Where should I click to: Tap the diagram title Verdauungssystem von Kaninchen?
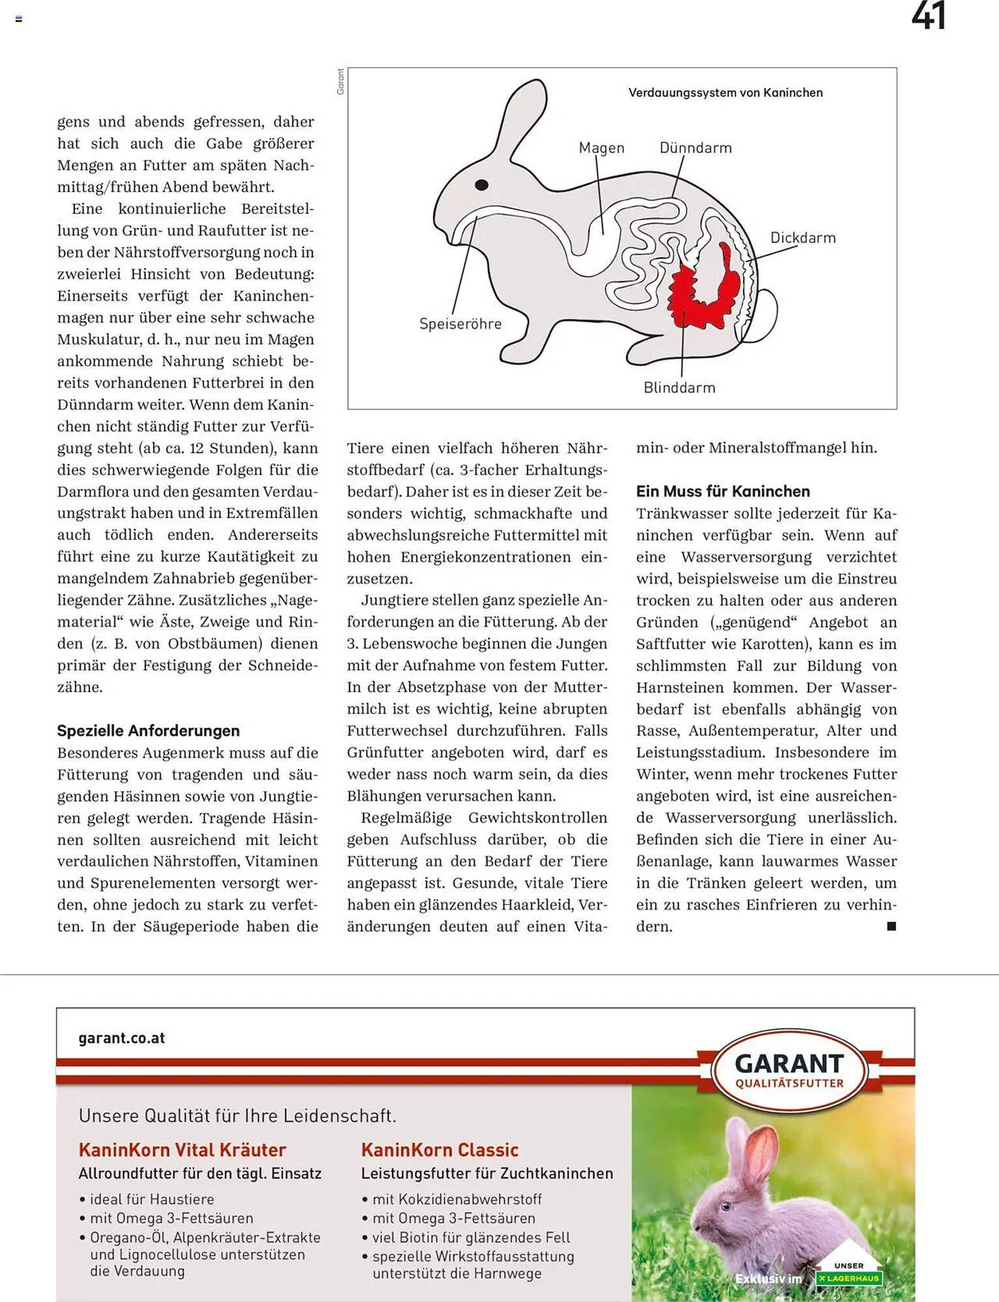pyautogui.click(x=725, y=92)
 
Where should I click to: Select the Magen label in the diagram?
pyautogui.click(x=601, y=148)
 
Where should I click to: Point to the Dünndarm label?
pyautogui.click(x=695, y=148)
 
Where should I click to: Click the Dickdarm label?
pyautogui.click(x=802, y=238)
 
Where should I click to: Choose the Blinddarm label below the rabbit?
pyautogui.click(x=679, y=387)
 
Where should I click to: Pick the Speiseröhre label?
pyautogui.click(x=460, y=324)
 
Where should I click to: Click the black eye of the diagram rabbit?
pyautogui.click(x=481, y=185)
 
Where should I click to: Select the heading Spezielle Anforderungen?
pyautogui.click(x=148, y=730)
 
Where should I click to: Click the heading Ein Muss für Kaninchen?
pyautogui.click(x=722, y=492)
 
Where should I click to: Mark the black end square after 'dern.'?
pyautogui.click(x=892, y=926)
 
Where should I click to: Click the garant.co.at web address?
pyautogui.click(x=121, y=1038)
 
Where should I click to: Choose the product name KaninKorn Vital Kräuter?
pyautogui.click(x=182, y=1150)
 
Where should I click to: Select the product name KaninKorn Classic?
pyautogui.click(x=440, y=1150)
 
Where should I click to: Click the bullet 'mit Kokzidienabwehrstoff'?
pyautogui.click(x=457, y=1199)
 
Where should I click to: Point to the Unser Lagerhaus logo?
pyautogui.click(x=849, y=1273)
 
